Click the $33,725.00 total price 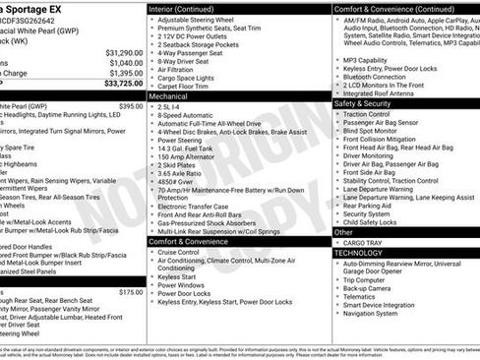tap(117, 84)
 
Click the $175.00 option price tap(131, 292)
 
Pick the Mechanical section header tap(173, 97)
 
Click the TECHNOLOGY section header tap(359, 253)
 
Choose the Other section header tap(345, 232)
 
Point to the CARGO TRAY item tap(362, 242)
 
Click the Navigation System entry tap(371, 314)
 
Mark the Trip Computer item tap(364, 280)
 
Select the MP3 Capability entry tap(365, 60)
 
